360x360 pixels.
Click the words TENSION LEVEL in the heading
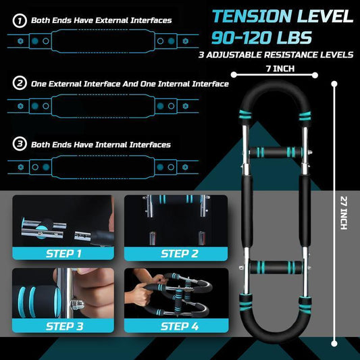282,16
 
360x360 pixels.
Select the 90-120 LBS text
272,38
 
